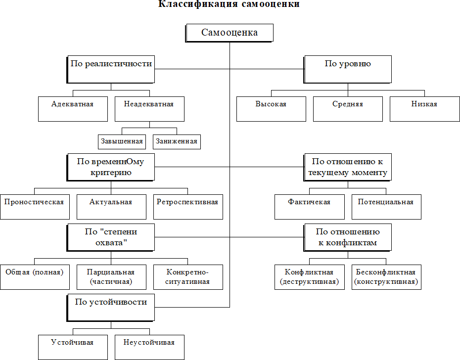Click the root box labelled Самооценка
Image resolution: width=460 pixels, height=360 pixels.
(x=230, y=33)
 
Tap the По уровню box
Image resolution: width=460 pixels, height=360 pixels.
(x=348, y=69)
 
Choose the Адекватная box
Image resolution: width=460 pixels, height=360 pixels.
(x=73, y=108)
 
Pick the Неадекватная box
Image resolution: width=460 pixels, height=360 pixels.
(x=149, y=108)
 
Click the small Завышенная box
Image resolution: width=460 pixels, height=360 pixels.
(x=122, y=141)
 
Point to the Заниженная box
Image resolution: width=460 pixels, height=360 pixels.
(x=177, y=141)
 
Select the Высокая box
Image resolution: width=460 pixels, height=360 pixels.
(x=271, y=108)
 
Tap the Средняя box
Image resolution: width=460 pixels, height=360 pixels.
(x=348, y=108)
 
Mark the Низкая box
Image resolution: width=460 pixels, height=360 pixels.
(x=424, y=108)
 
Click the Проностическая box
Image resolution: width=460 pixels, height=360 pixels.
(x=35, y=207)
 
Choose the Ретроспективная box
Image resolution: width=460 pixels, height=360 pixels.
(x=188, y=207)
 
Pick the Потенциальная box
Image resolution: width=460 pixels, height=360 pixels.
(x=386, y=207)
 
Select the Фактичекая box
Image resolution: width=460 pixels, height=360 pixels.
(x=310, y=207)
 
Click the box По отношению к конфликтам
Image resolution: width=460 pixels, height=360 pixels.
(x=348, y=237)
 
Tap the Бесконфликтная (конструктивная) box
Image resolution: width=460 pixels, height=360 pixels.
(x=386, y=277)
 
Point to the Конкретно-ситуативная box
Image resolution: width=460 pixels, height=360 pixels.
(x=188, y=277)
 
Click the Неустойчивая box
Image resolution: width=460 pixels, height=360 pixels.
(x=149, y=347)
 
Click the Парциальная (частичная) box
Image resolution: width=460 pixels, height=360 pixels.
(x=111, y=277)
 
